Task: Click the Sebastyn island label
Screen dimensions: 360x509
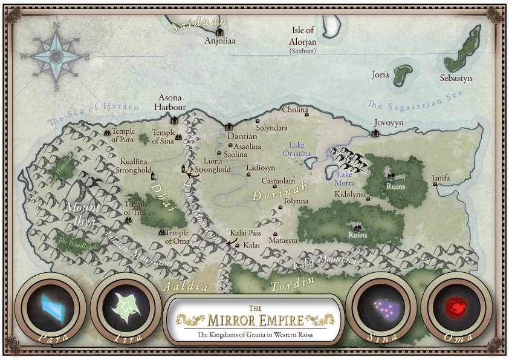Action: coord(456,79)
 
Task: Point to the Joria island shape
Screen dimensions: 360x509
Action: coord(400,75)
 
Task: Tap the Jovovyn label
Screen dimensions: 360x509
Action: coord(388,122)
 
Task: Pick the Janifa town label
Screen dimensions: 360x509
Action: coord(441,178)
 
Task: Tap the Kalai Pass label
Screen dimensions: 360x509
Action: coord(245,233)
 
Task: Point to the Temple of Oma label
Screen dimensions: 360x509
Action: coord(178,237)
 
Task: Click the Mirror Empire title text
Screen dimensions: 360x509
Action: coord(254,318)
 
